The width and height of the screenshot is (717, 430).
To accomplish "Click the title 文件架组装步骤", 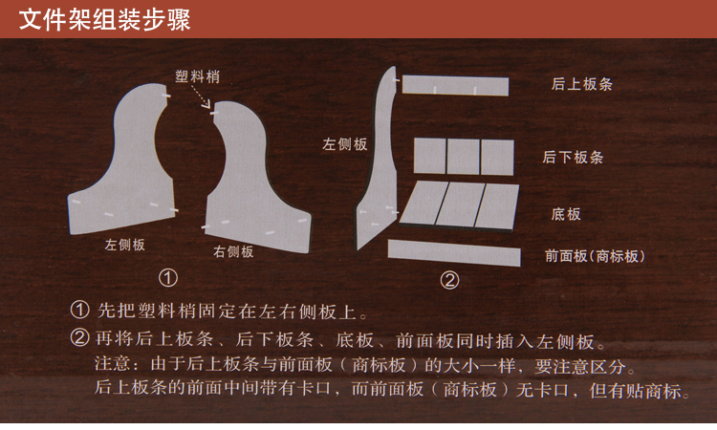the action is pos(104,20).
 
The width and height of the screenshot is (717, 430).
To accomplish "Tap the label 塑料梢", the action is pos(198,76).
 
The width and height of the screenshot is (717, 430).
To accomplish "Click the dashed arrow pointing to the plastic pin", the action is pos(201,97).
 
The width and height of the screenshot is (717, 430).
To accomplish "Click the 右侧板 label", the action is pos(233,251).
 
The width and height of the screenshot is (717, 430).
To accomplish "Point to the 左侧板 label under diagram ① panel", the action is pos(125,245).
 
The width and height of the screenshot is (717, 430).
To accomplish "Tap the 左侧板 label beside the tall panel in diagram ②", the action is pos(345,144).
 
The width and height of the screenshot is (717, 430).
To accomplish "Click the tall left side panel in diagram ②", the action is pos(381,183).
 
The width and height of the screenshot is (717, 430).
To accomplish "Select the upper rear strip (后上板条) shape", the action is pos(455,85).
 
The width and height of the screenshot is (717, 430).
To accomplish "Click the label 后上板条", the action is pos(581,84).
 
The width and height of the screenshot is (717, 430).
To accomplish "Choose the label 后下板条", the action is pos(573,158).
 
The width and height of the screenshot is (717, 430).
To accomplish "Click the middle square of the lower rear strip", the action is pos(464,157).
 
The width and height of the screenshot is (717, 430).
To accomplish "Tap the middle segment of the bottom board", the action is pos(462,204).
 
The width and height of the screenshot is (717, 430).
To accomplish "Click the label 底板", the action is pos(566,214).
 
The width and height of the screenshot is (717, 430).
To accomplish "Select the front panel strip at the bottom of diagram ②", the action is pos(454,252).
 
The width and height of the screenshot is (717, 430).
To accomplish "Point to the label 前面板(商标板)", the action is pos(595,256).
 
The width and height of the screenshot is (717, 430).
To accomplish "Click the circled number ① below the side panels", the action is pos(168,278).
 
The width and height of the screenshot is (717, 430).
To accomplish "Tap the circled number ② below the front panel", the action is pos(449,280).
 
